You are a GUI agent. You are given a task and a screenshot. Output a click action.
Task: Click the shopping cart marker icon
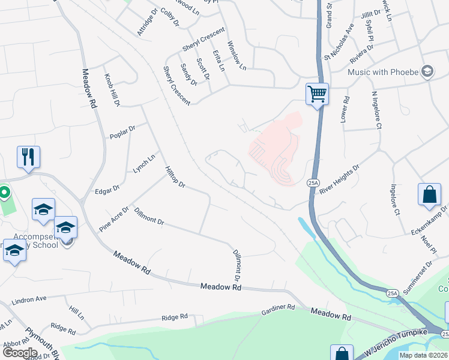click(317, 94)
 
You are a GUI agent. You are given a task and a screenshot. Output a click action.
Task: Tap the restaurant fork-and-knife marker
click(28, 157)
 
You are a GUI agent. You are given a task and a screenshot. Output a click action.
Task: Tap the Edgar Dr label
click(107, 191)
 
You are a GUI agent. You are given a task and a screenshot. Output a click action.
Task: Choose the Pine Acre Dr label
click(114, 220)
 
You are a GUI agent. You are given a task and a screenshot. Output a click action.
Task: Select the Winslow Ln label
click(237, 55)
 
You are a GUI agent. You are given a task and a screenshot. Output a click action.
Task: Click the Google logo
click(19, 353)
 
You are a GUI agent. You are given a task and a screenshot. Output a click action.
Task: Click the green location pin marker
click(4, 193)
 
